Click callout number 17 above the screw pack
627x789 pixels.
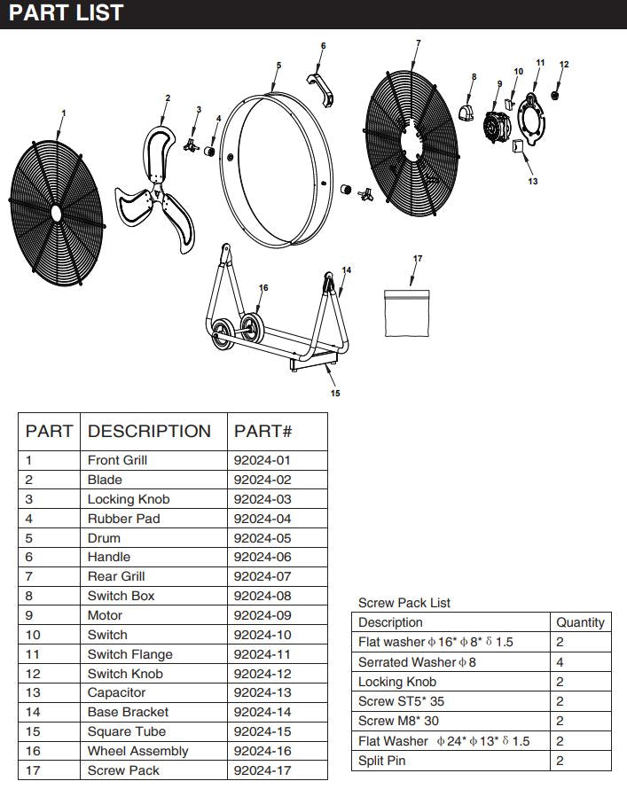point(418,259)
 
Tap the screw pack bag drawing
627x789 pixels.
point(407,313)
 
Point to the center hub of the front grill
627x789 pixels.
point(55,214)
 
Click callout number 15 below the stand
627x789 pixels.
point(335,393)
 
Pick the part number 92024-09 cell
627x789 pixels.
point(262,615)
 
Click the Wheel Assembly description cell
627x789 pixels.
point(137,751)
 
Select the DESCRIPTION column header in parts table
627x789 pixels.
point(149,432)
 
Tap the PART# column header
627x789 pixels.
point(263,432)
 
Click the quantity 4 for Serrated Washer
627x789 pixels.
point(560,662)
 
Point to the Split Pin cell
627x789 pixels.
point(382,760)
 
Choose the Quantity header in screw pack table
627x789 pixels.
point(580,622)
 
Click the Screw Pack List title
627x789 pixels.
point(404,603)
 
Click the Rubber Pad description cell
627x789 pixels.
point(123,519)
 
